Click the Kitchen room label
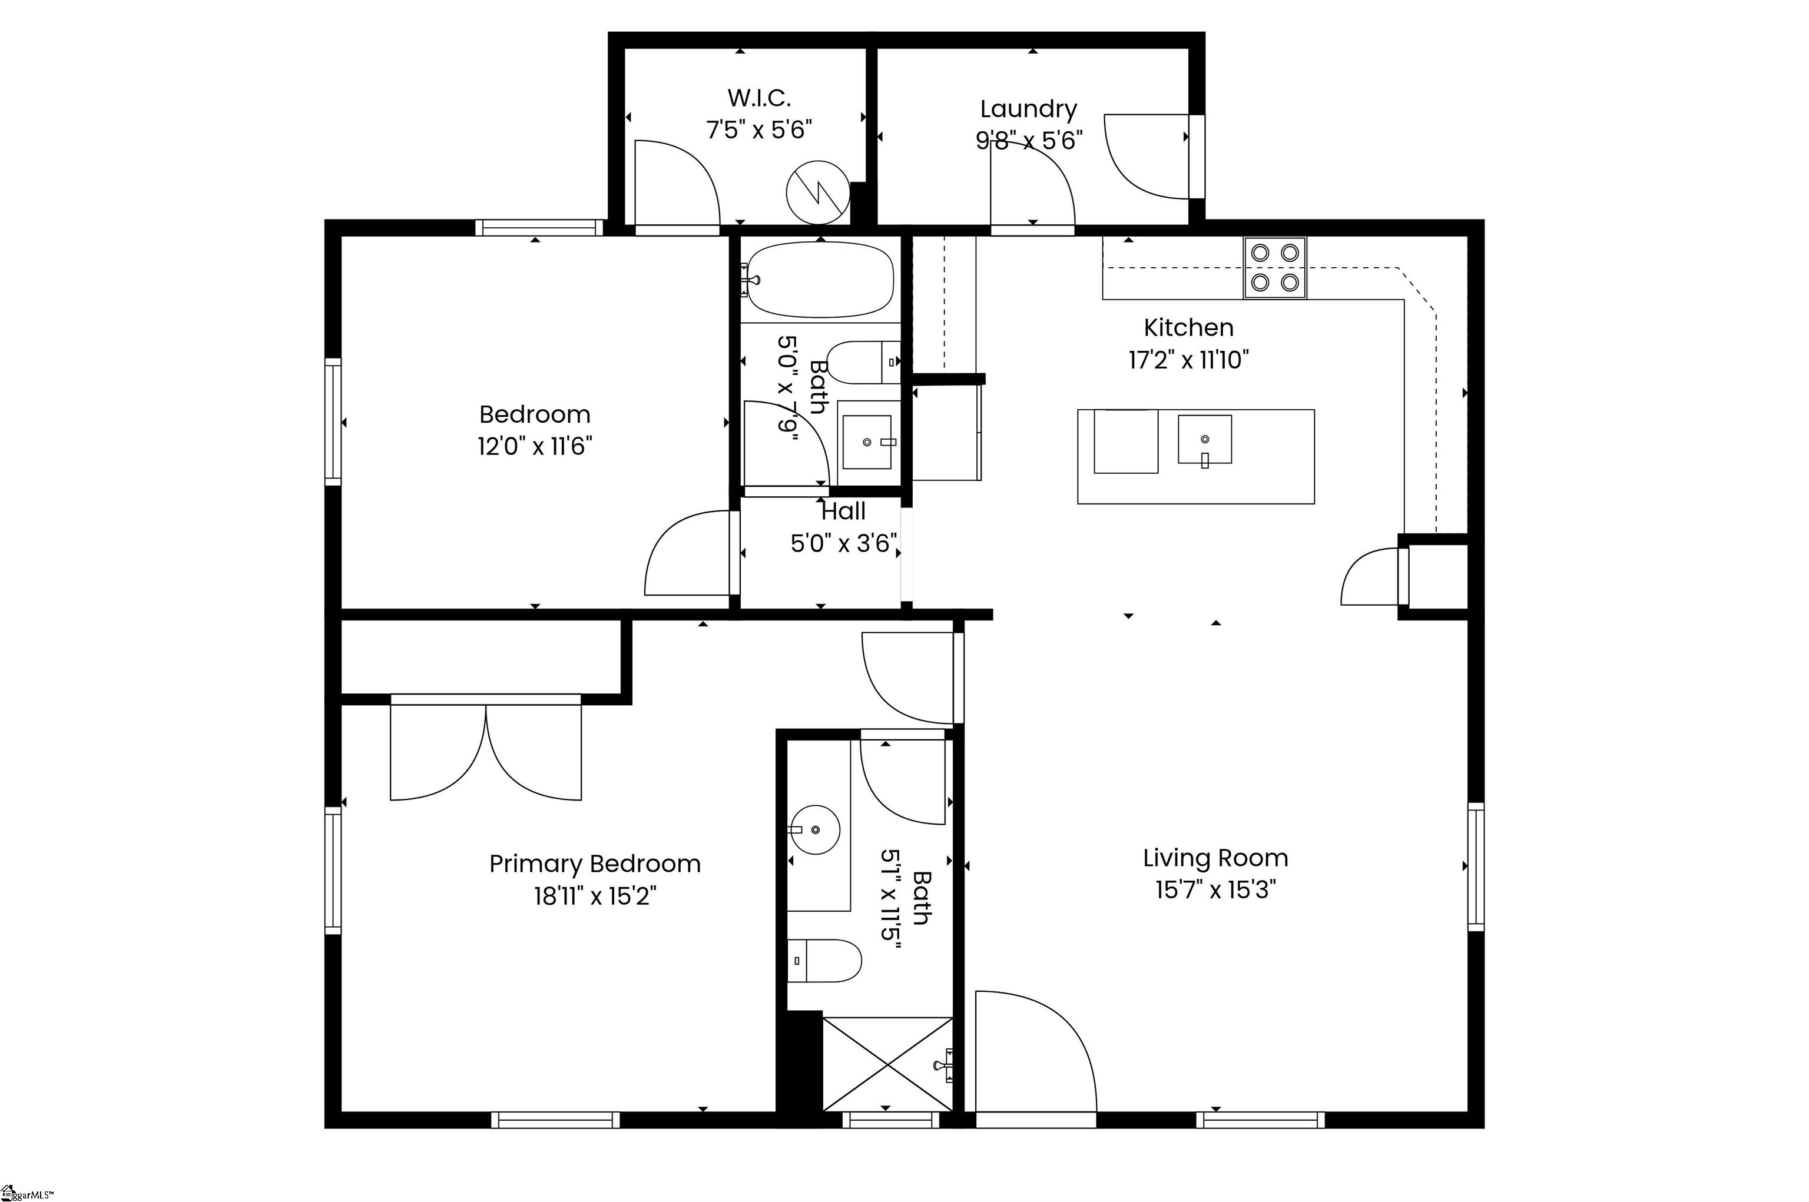[x=1188, y=328]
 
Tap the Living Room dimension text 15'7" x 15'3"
[x=1215, y=890]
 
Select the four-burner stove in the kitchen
[x=1274, y=268]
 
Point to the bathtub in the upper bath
[x=820, y=280]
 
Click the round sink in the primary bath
[x=815, y=829]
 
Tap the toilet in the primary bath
[x=824, y=961]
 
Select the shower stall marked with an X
[x=887, y=1064]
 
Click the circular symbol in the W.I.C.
[x=818, y=192]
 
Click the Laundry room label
[x=1028, y=109]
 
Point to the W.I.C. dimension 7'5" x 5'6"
[x=758, y=130]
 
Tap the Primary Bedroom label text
[x=595, y=864]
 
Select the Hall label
[x=843, y=512]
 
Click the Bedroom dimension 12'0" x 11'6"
[x=535, y=446]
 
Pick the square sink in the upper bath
[x=867, y=442]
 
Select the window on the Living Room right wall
[x=1476, y=867]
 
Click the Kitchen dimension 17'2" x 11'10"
[x=1188, y=360]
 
